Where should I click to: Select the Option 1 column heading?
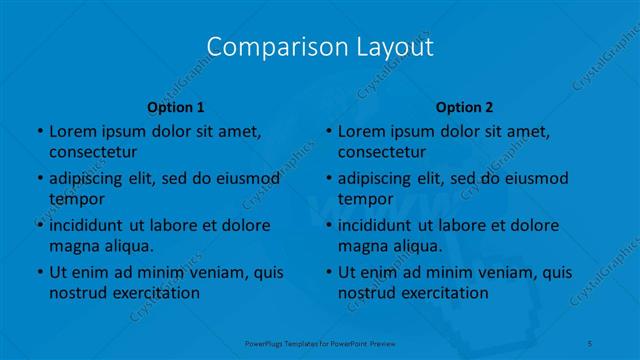point(175,107)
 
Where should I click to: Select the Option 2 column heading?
point(464,107)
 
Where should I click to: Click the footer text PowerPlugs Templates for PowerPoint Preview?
point(320,343)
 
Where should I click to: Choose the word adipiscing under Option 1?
point(89,178)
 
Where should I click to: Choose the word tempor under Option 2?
point(365,199)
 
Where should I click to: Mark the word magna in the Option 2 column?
point(361,246)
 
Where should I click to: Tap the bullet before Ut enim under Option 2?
point(328,272)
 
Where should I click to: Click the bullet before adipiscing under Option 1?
point(39,178)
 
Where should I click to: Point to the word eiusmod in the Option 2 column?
point(535,178)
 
